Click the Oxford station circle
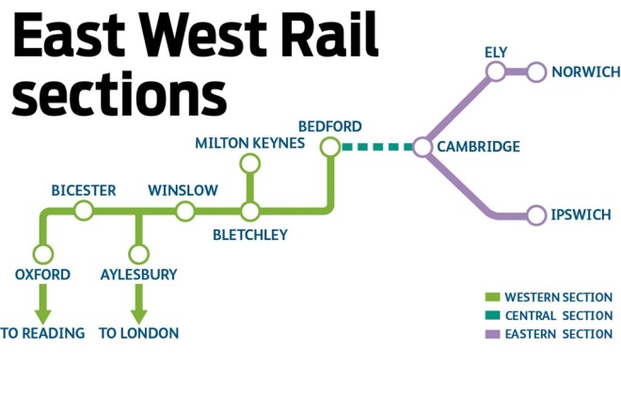pos(42,254)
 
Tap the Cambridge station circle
pos(422,147)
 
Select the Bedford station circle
pos(329,147)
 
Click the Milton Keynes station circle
pos(249,165)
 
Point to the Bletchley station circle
pos(249,211)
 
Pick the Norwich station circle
pos(536,72)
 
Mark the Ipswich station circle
pos(536,215)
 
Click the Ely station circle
pos(496,72)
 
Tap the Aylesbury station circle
pos(138,254)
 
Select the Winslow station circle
pos(183,211)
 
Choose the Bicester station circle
pos(84,211)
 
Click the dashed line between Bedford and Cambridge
pos(376,147)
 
